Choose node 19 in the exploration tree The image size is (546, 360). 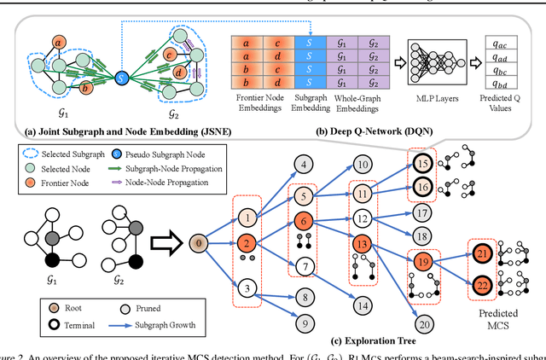tap(422, 261)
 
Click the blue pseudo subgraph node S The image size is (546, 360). tap(121, 78)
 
